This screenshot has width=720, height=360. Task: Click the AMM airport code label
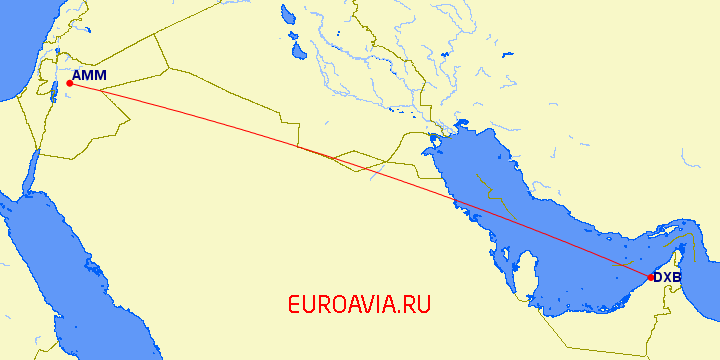[90, 74]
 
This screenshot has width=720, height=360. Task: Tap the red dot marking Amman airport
[69, 84]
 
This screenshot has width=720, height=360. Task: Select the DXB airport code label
[667, 278]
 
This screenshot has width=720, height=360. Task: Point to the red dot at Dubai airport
[651, 277]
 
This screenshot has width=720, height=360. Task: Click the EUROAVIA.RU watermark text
[358, 304]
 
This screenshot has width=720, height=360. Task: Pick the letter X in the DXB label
[667, 278]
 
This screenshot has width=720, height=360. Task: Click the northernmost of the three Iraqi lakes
[287, 15]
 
